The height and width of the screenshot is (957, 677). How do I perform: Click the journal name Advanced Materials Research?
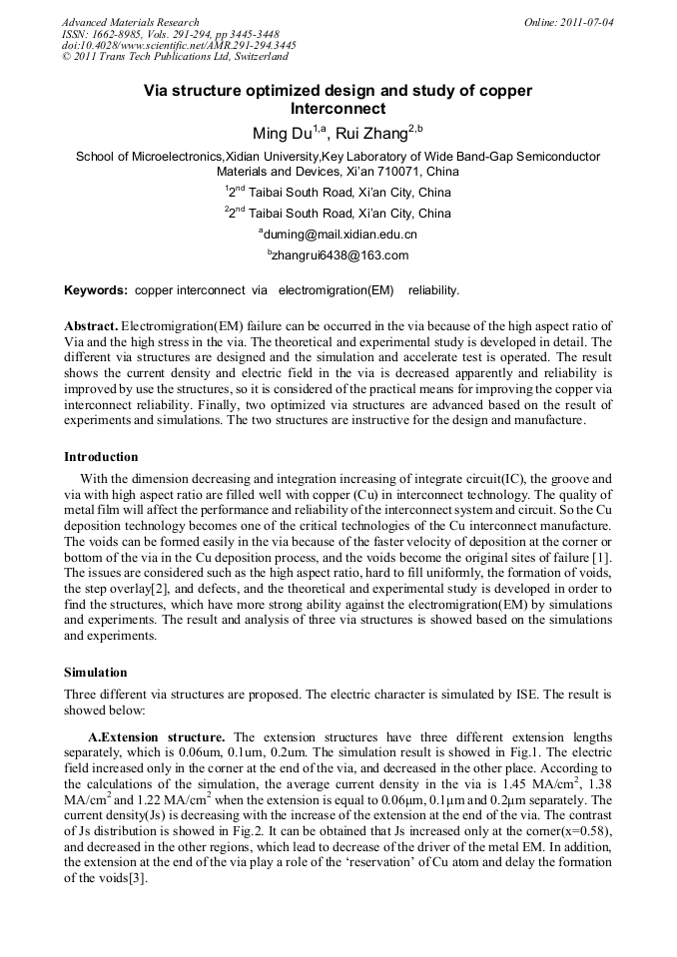[130, 22]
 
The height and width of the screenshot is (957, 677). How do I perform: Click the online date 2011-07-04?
[583, 22]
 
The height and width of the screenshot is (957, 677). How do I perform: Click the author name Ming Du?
[284, 133]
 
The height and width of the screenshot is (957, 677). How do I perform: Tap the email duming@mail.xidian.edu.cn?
[340, 235]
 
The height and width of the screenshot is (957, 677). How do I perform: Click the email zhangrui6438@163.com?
[340, 255]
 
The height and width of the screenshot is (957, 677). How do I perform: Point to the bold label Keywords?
[96, 290]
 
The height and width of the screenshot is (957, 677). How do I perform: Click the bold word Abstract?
[92, 326]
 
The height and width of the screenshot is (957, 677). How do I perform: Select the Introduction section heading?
[101, 457]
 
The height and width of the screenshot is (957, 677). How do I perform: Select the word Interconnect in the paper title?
[338, 109]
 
